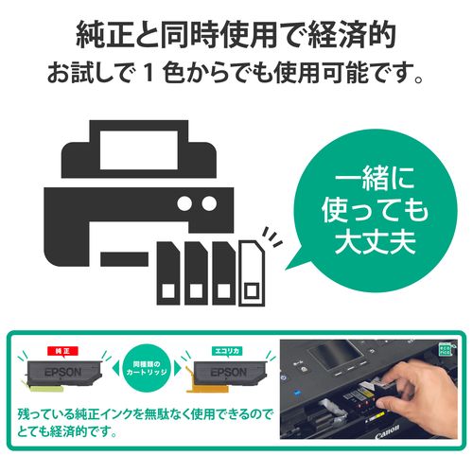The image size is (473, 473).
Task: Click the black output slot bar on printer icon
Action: tap(123, 256)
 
